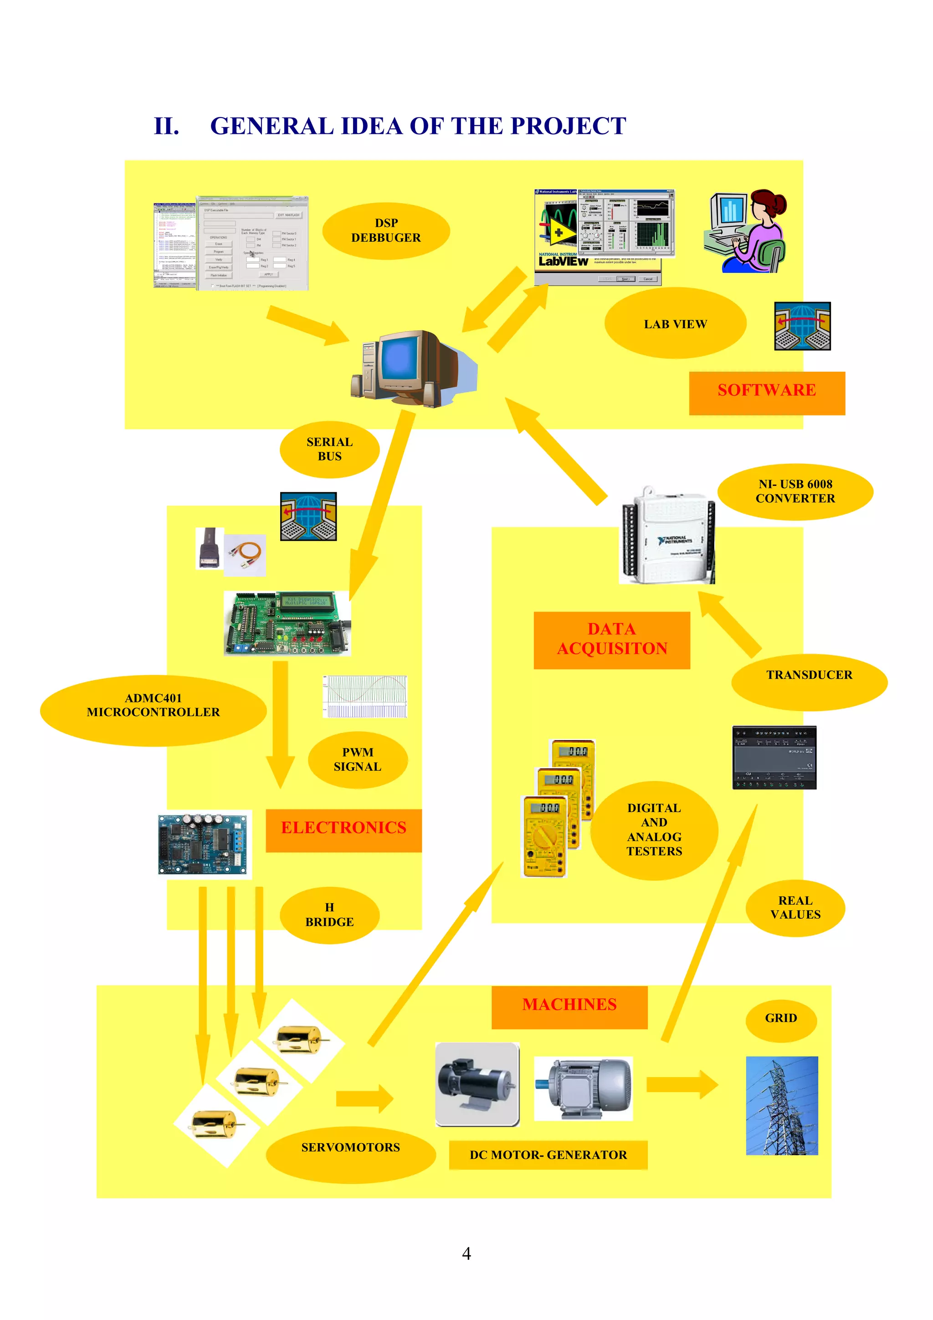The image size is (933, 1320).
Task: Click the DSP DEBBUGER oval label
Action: click(x=386, y=230)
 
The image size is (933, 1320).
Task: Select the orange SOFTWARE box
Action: click(x=766, y=390)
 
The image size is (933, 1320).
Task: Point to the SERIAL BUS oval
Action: click(x=329, y=449)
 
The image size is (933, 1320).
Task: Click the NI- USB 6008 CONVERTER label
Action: click(x=795, y=491)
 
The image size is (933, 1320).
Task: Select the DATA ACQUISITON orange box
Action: click(x=612, y=640)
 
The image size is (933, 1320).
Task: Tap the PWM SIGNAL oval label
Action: click(x=358, y=759)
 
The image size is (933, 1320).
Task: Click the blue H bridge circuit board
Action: click(x=205, y=844)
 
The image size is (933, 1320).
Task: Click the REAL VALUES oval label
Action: click(x=795, y=908)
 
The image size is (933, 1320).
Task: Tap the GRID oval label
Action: click(x=781, y=1018)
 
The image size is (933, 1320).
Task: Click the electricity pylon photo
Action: click(x=781, y=1105)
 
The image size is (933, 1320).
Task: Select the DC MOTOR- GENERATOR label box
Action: click(x=548, y=1155)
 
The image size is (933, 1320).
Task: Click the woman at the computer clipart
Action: click(x=747, y=230)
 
